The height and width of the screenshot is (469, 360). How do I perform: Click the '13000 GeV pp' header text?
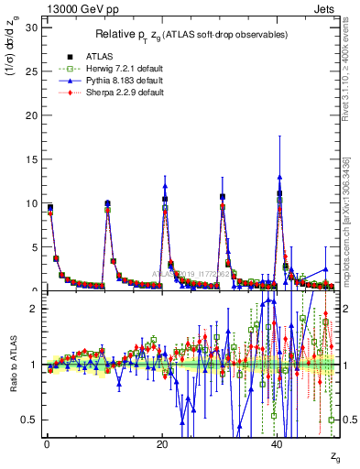tap(75, 7)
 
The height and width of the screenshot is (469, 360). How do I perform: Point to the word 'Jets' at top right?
tap(325, 7)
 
